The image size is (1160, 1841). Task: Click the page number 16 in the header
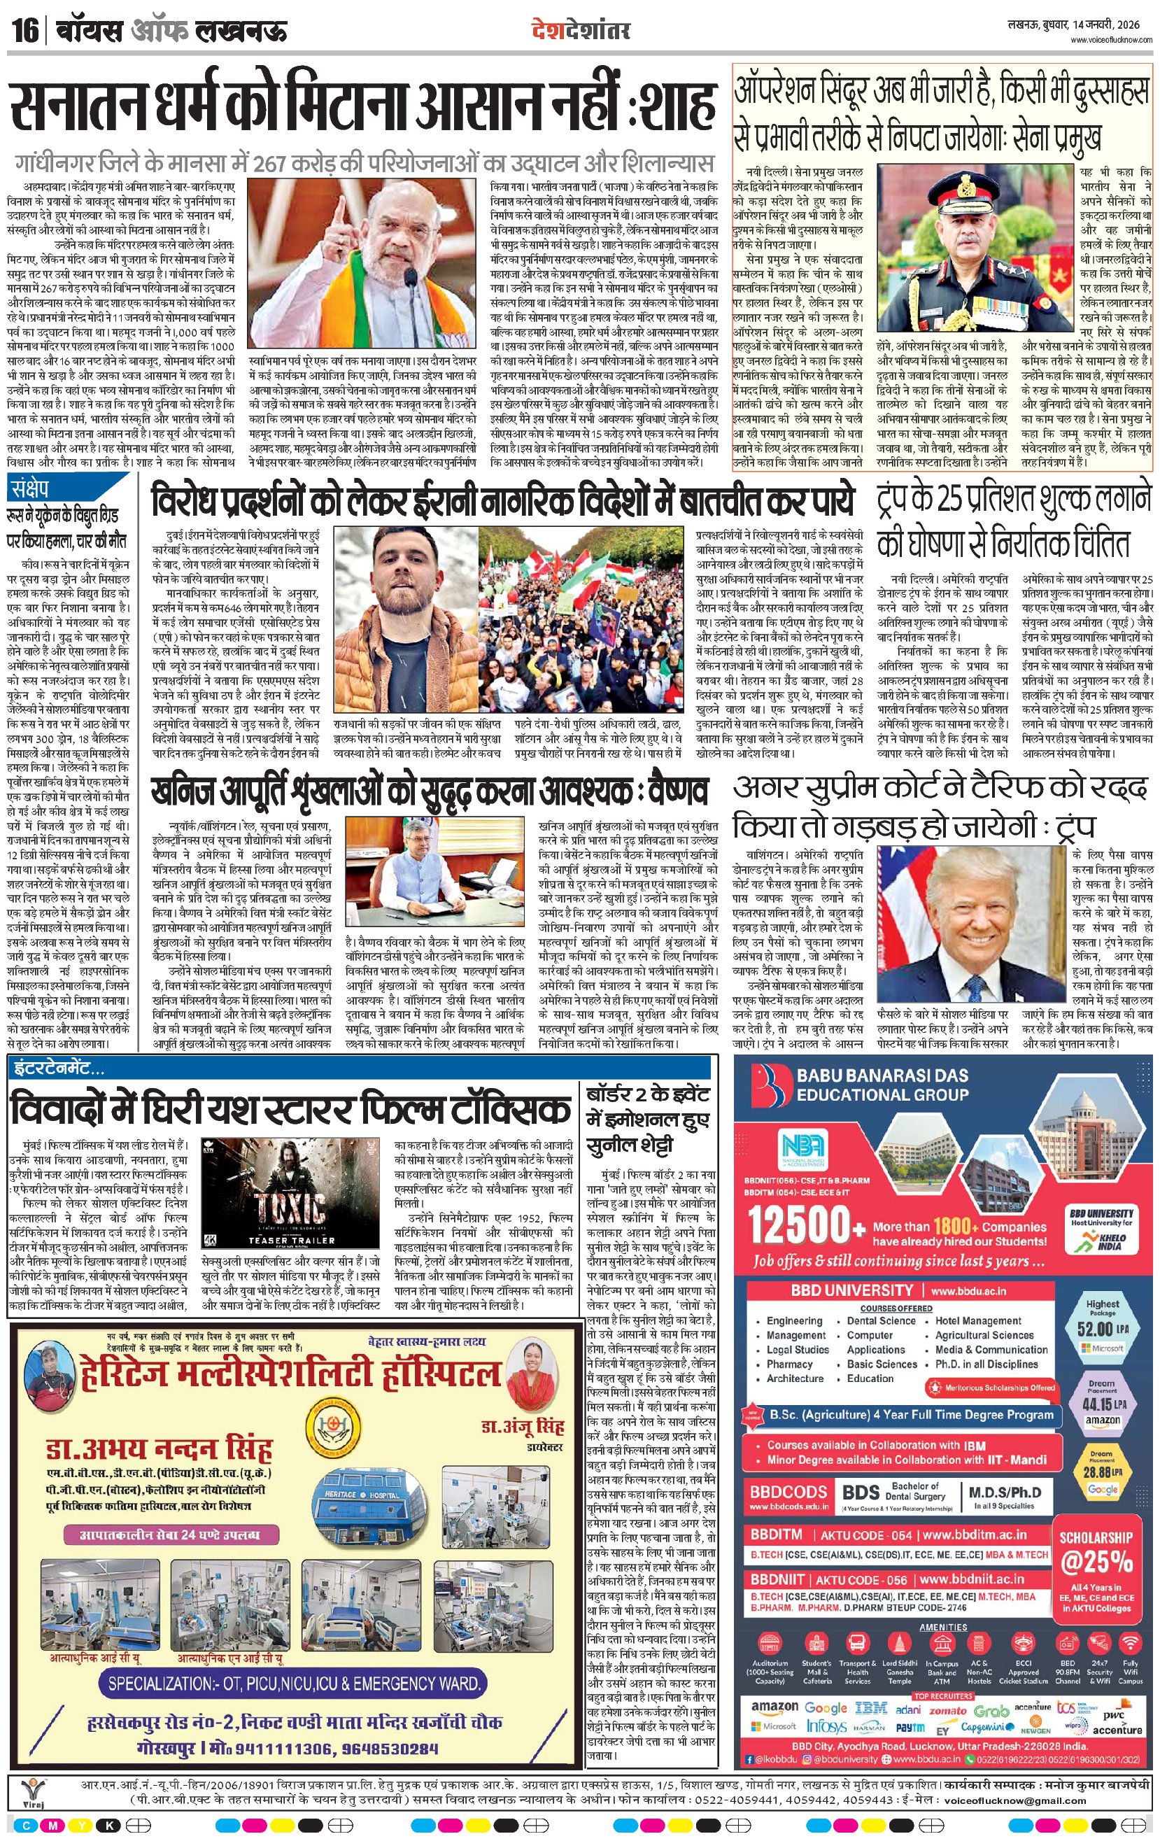25,31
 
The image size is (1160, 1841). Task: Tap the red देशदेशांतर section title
581,31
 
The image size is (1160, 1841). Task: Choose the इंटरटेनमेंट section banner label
57,1067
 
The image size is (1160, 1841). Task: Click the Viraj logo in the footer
31,1793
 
